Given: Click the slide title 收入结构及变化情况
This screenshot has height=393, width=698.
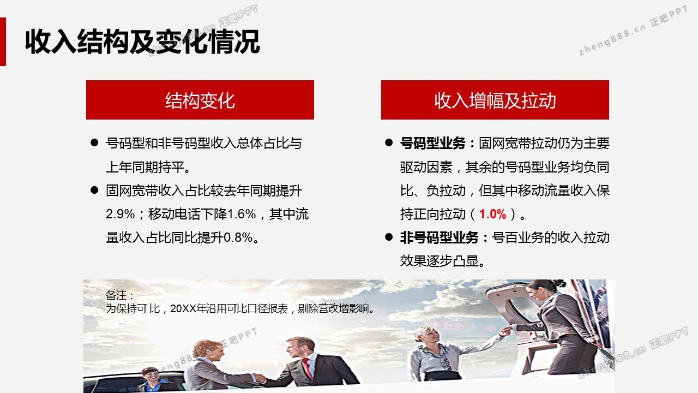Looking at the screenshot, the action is (142, 42).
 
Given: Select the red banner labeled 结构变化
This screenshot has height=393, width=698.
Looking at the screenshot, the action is (200, 100).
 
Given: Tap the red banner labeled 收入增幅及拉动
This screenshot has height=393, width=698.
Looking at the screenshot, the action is (495, 100).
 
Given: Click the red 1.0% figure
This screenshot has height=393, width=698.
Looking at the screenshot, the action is (492, 215).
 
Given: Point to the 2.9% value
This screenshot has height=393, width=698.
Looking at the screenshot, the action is (121, 215).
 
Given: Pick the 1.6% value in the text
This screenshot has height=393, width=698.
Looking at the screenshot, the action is (242, 215).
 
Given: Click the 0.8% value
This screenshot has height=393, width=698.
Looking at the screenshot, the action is (238, 237).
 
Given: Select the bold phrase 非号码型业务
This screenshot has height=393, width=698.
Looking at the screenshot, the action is (440, 237).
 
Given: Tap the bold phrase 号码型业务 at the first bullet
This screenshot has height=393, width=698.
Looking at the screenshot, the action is (433, 143).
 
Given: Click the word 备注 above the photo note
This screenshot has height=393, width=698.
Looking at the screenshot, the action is (116, 295).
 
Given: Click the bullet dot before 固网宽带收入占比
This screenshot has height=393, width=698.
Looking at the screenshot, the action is (94, 190).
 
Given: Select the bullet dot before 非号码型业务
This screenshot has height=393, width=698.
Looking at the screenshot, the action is (389, 237).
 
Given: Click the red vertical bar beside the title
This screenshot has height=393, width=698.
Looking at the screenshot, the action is (3, 41).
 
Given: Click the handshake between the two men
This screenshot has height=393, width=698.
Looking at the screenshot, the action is (259, 378).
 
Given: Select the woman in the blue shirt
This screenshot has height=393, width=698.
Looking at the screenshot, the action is (154, 380).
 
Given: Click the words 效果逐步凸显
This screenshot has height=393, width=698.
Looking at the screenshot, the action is (440, 261).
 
